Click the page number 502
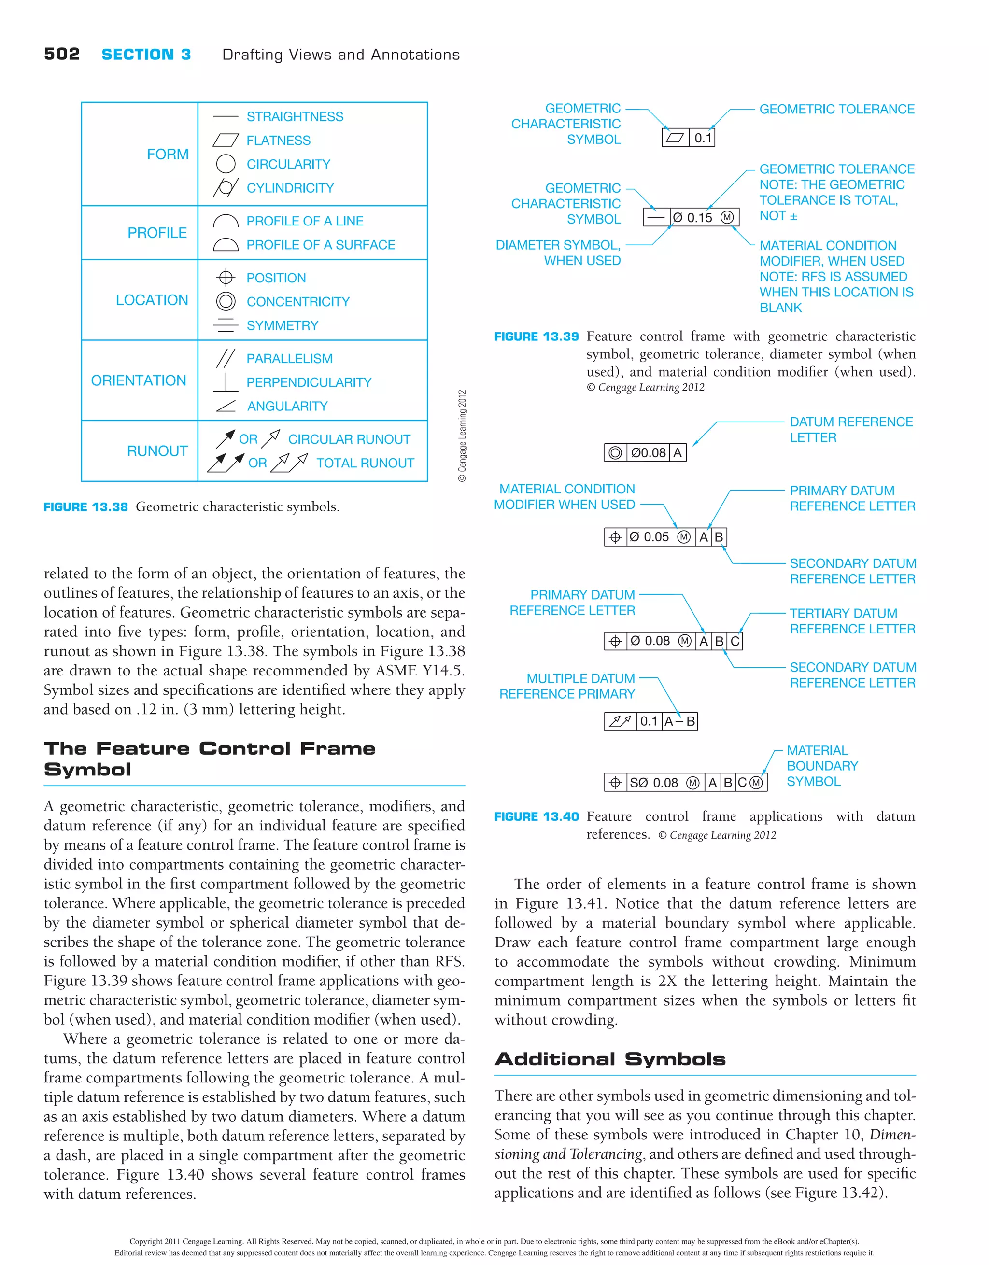click(x=61, y=55)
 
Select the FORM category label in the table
click(x=168, y=154)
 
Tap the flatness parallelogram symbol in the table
click(x=226, y=140)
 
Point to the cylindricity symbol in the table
click(x=226, y=188)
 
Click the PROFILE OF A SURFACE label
click(x=320, y=245)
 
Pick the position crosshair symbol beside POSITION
click(x=226, y=278)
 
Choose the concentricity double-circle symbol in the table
click(x=226, y=301)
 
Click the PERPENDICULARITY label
click(x=309, y=382)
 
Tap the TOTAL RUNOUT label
click(x=365, y=463)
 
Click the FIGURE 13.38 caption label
click(x=86, y=507)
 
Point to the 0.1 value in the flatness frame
click(x=702, y=138)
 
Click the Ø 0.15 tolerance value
click(x=692, y=218)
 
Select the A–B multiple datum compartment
click(x=679, y=721)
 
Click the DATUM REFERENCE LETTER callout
click(x=850, y=430)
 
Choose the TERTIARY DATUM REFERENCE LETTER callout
click(x=852, y=621)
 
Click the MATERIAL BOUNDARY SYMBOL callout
click(x=821, y=766)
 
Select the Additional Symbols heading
click(x=609, y=1059)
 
